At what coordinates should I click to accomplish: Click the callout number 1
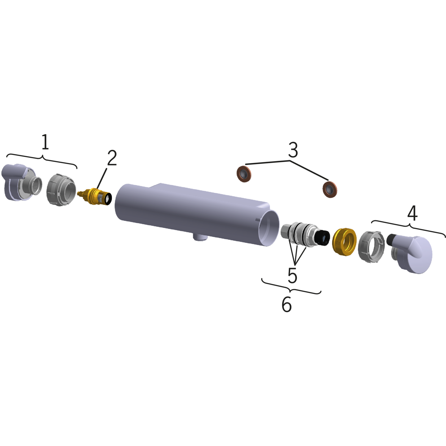(45, 142)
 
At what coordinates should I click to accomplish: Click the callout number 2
(112, 158)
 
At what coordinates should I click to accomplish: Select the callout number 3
(293, 150)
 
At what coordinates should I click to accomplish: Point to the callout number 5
(292, 275)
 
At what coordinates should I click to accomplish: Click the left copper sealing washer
(244, 174)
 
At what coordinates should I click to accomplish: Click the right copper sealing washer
(330, 189)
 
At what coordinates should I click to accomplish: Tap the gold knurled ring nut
(344, 242)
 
